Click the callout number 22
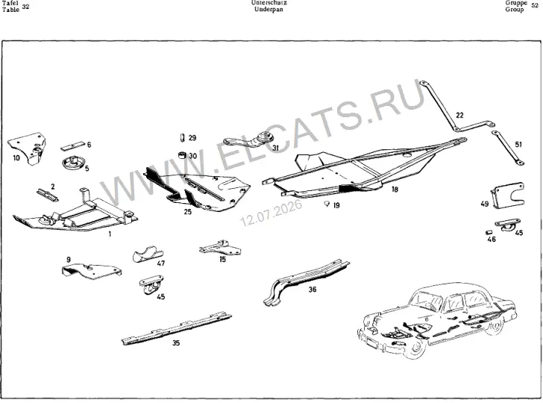point(459,115)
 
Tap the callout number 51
point(518,144)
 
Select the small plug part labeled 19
point(326,203)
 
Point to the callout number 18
point(395,190)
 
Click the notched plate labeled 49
point(508,196)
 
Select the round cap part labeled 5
point(73,163)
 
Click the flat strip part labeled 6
point(73,146)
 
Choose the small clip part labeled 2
point(48,195)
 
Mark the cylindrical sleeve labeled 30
point(182,155)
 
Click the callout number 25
point(188,211)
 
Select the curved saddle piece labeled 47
point(148,254)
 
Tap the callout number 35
point(176,343)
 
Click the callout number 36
point(313,290)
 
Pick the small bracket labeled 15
point(221,248)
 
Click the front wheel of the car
point(413,348)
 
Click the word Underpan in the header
point(269,10)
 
